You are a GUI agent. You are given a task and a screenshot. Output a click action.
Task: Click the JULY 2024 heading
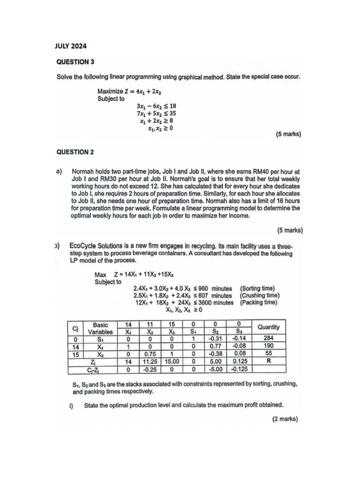[71, 46]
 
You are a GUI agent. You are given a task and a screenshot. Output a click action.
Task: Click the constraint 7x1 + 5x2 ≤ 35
[157, 113]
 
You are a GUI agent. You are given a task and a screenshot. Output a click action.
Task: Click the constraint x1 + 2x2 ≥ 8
[157, 120]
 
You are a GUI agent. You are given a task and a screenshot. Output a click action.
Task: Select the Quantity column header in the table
[268, 327]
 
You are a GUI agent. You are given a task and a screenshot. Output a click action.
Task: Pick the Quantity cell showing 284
[268, 338]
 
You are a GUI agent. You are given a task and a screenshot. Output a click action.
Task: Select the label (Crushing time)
[260, 295]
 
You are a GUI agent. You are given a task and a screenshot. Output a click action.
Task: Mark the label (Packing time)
[258, 302]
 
